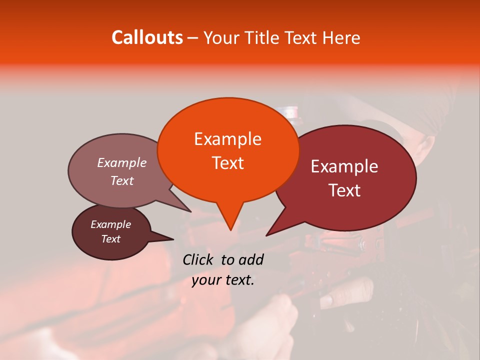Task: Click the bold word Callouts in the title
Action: (147, 37)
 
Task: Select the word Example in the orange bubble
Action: (227, 139)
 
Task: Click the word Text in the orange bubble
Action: (227, 162)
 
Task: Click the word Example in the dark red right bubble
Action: (344, 166)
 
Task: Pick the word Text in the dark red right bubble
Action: (344, 190)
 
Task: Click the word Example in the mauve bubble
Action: (121, 162)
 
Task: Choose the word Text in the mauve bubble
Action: (121, 180)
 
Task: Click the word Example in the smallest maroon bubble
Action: (110, 224)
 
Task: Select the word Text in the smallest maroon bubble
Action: (110, 239)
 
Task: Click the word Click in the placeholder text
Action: (199, 259)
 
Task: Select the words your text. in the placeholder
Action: (223, 280)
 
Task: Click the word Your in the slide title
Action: (222, 37)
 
